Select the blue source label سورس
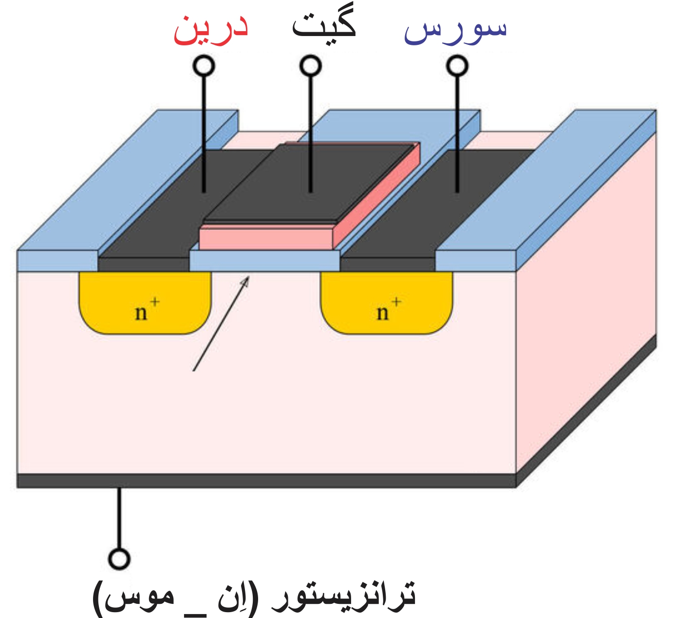click(455, 30)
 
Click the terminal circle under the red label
click(204, 66)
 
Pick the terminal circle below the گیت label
click(311, 66)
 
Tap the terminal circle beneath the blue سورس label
click(457, 66)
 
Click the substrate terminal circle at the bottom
click(119, 559)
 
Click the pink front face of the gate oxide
click(266, 238)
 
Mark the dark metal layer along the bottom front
click(266, 481)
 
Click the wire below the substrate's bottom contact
click(118, 517)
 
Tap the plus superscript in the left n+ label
click(154, 302)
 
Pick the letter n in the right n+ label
click(382, 312)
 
